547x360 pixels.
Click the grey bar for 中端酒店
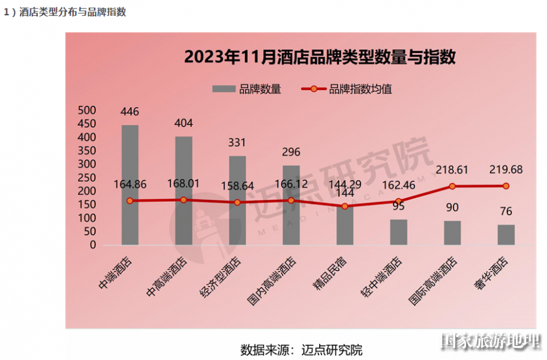pos(129,185)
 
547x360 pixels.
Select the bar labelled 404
pos(184,191)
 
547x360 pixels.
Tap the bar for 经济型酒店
pos(237,201)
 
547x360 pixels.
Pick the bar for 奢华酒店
pos(506,235)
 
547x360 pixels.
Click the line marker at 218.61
pos(452,186)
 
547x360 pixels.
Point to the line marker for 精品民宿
pos(345,206)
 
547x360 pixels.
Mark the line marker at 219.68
pos(506,185)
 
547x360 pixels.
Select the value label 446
pos(129,112)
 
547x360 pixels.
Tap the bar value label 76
pos(506,212)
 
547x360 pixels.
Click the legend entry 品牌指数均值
pos(349,89)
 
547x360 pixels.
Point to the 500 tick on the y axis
pos(88,111)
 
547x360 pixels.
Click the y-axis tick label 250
pos(88,178)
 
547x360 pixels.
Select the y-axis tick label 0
pos(92,245)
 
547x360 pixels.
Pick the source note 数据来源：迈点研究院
pos(301,350)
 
